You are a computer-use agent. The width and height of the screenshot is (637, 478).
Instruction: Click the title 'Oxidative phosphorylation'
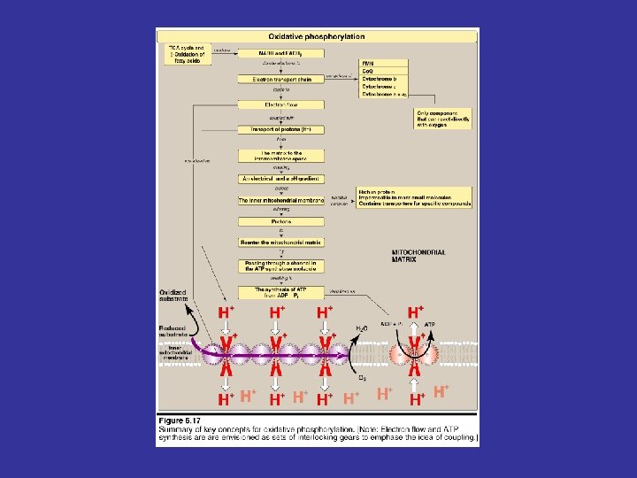(315, 37)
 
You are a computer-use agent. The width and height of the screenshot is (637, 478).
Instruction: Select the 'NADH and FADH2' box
(280, 53)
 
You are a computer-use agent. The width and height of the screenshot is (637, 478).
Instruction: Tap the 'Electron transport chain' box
(280, 80)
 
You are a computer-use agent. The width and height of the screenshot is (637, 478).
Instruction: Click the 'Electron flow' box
(280, 104)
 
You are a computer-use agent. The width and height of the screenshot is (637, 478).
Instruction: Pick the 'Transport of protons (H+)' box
(280, 129)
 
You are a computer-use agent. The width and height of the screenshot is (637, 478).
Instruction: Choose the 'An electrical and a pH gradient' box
(280, 179)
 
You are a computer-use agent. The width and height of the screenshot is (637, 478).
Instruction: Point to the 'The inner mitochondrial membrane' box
(280, 201)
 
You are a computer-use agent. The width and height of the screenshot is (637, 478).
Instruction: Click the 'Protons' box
(280, 221)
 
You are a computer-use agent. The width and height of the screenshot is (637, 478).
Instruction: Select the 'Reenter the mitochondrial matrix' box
(280, 242)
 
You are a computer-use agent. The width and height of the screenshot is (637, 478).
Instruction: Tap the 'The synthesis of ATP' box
(280, 291)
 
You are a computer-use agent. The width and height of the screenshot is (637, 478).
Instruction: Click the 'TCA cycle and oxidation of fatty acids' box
(185, 54)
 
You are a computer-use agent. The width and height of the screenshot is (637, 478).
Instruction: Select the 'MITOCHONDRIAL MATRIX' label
(418, 256)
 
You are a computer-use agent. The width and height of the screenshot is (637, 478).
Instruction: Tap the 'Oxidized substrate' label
(174, 297)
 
